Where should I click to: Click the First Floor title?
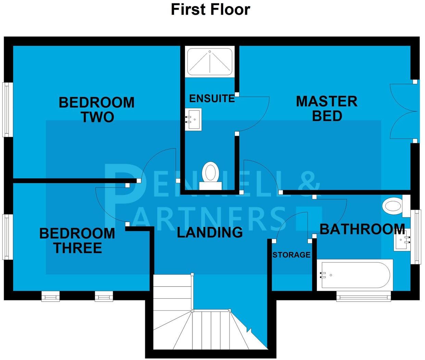click(x=210, y=10)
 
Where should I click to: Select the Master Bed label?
click(x=327, y=108)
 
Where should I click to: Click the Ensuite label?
click(x=212, y=99)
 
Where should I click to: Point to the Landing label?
click(x=210, y=232)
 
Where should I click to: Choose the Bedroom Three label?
click(x=77, y=241)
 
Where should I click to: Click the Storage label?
click(x=291, y=255)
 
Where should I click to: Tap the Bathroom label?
click(x=362, y=229)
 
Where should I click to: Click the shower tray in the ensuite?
click(x=209, y=61)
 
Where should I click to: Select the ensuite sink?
click(x=193, y=119)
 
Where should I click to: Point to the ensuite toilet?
click(x=210, y=174)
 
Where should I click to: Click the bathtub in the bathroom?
click(x=354, y=275)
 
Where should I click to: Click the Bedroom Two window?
click(x=8, y=109)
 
